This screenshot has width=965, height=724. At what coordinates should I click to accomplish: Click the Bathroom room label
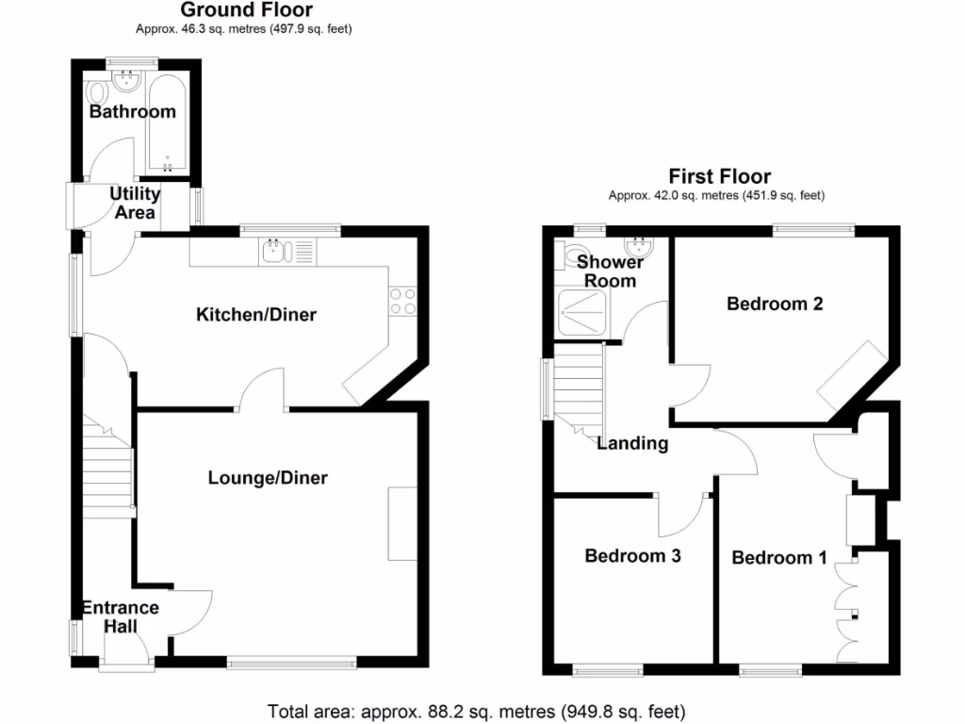click(x=132, y=111)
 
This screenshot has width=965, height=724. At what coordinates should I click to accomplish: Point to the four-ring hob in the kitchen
click(x=402, y=300)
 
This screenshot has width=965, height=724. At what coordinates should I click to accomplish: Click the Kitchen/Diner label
click(x=255, y=314)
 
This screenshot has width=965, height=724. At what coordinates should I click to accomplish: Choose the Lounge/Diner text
click(x=268, y=478)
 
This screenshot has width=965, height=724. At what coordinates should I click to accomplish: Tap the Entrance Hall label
click(x=120, y=617)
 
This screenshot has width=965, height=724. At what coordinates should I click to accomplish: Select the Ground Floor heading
click(x=246, y=10)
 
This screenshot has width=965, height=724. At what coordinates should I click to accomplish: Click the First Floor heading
click(x=719, y=176)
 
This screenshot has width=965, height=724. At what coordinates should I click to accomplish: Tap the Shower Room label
click(x=610, y=271)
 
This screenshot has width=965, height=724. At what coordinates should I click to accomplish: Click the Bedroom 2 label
click(x=775, y=304)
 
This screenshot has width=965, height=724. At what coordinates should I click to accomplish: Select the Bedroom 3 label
click(x=632, y=556)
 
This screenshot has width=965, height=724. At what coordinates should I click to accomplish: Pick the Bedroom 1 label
click(x=779, y=558)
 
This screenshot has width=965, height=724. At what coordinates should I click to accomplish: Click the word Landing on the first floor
click(x=632, y=443)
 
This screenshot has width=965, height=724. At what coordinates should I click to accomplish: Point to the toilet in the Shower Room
click(x=570, y=255)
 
